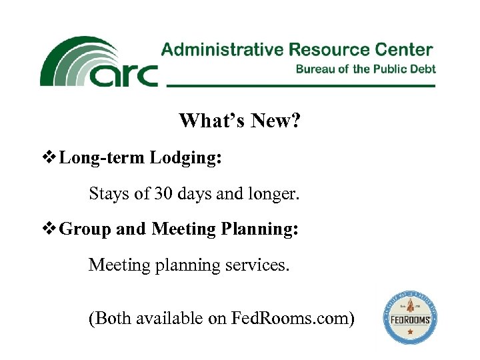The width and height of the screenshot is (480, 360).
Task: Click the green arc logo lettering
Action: pos(123,75)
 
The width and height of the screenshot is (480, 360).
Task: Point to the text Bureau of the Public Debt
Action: pos(365,69)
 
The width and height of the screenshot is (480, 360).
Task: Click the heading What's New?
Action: pos(241,121)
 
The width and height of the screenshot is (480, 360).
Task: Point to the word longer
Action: pos(276,195)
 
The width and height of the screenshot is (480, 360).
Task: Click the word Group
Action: pos(85,230)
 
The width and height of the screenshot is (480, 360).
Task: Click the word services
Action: pos(261,265)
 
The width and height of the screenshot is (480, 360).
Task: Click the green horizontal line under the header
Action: pos(300,86)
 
